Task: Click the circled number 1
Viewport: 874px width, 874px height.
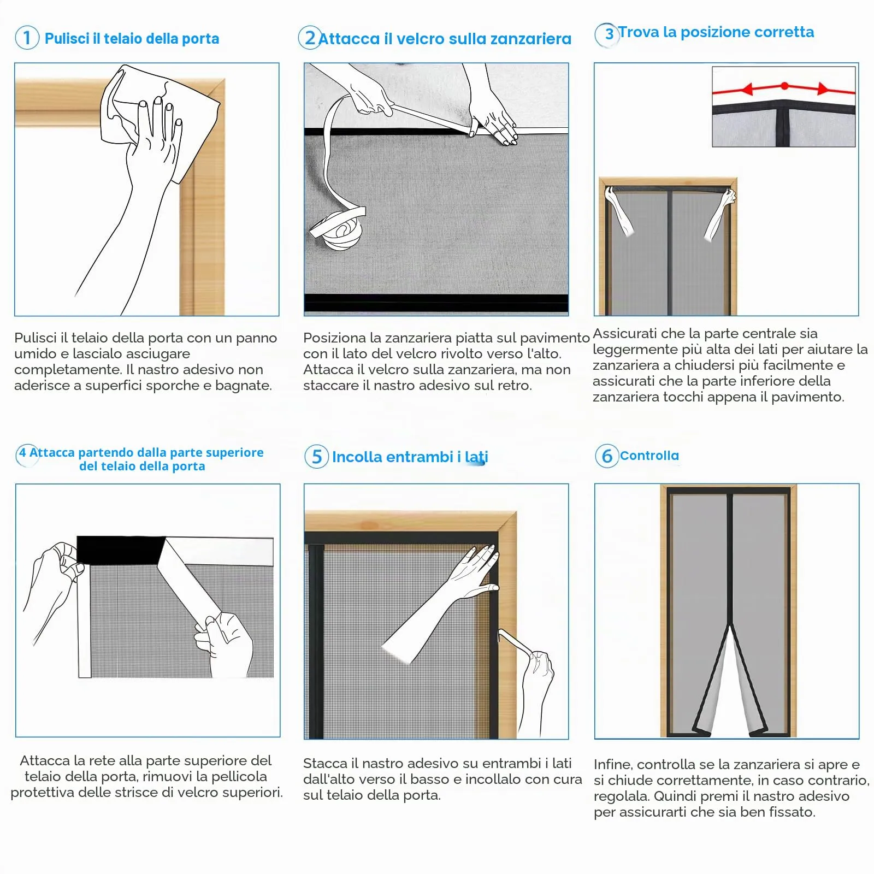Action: (27, 38)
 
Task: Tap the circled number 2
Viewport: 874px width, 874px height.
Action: (310, 38)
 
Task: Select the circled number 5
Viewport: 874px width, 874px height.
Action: (316, 456)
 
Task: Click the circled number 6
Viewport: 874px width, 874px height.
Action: (607, 456)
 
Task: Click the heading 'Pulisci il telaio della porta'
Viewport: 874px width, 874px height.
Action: (132, 38)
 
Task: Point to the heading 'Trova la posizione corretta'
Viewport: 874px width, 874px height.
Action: (716, 32)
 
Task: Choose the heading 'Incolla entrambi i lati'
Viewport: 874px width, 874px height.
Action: (410, 457)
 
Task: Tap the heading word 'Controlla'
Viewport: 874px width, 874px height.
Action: (649, 456)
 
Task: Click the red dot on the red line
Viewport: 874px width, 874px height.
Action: (784, 86)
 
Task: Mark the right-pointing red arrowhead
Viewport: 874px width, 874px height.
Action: (823, 88)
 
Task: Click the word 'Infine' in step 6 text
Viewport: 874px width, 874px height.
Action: (612, 764)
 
